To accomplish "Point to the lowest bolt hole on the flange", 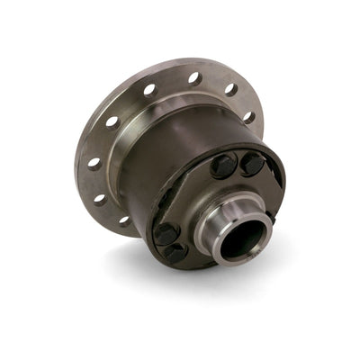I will coord(123,219).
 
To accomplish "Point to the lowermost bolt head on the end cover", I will coord(175,253).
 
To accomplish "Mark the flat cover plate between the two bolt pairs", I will coord(193,202).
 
